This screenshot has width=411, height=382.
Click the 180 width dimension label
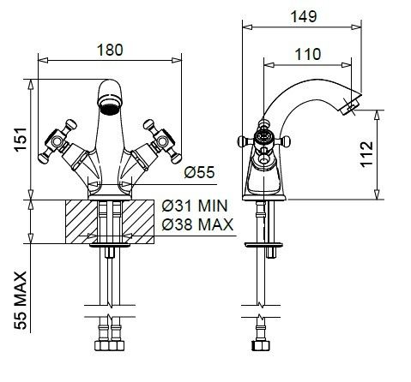tap(110, 50)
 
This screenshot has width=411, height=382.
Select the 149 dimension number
tap(304, 16)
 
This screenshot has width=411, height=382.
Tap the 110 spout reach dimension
tap(308, 54)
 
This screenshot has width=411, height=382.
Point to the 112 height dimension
tap(366, 154)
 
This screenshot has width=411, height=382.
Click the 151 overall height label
tap(21, 140)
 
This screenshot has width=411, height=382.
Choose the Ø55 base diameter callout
tap(199, 172)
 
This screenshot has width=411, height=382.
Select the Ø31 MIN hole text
tap(195, 206)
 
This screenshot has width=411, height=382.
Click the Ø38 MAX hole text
tap(197, 224)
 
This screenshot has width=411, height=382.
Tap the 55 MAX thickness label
tap(21, 301)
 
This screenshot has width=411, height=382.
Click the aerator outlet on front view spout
tap(110, 108)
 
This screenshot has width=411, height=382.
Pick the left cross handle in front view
tap(58, 141)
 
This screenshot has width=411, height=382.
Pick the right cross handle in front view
tap(162, 141)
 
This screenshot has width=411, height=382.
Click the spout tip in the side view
tap(351, 106)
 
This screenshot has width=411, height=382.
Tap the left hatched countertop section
tap(82, 222)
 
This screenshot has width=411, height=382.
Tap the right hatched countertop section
tap(138, 222)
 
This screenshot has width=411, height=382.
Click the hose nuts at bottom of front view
tap(109, 345)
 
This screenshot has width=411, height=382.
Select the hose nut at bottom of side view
tap(261, 345)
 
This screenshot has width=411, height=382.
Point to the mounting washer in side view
tap(263, 245)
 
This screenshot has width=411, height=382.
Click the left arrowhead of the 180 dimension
tap(43, 60)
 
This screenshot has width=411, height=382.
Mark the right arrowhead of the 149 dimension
tap(356, 27)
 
